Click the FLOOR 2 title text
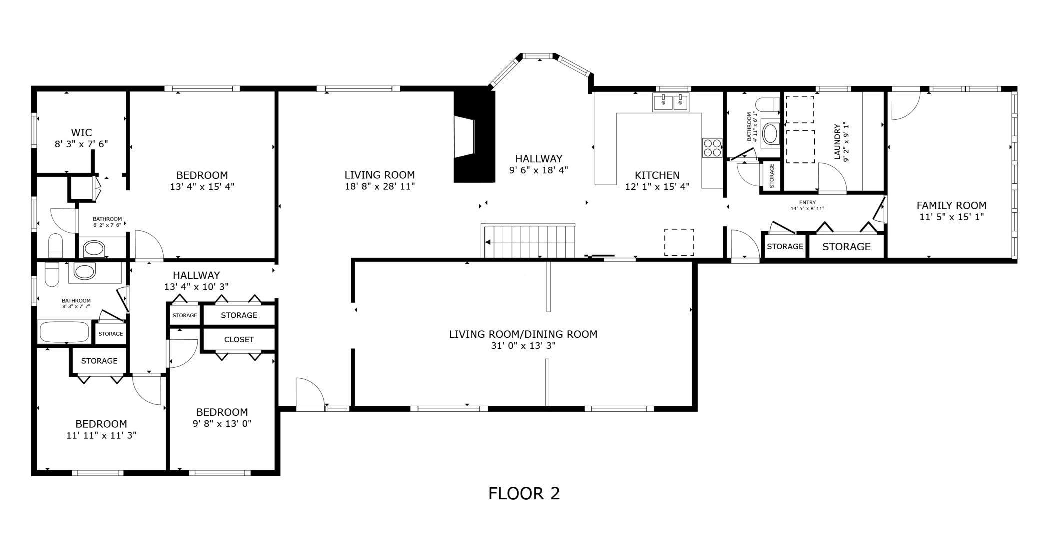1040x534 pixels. (524, 493)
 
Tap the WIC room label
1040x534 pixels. (81, 133)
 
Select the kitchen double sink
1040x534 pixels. (670, 103)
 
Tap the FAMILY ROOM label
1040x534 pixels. (951, 205)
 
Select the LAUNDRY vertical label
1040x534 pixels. (838, 141)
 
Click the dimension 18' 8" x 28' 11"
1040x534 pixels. (379, 187)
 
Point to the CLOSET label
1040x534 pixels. (239, 340)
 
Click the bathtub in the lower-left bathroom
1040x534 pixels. (64, 332)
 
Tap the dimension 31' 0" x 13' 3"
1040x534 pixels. (523, 346)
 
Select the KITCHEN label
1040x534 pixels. (657, 175)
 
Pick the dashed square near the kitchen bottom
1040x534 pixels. (679, 242)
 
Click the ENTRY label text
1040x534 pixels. (807, 202)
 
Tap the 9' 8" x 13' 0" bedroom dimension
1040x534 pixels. (222, 424)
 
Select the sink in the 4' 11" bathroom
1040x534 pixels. (770, 133)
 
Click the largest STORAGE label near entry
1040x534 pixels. (846, 247)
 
